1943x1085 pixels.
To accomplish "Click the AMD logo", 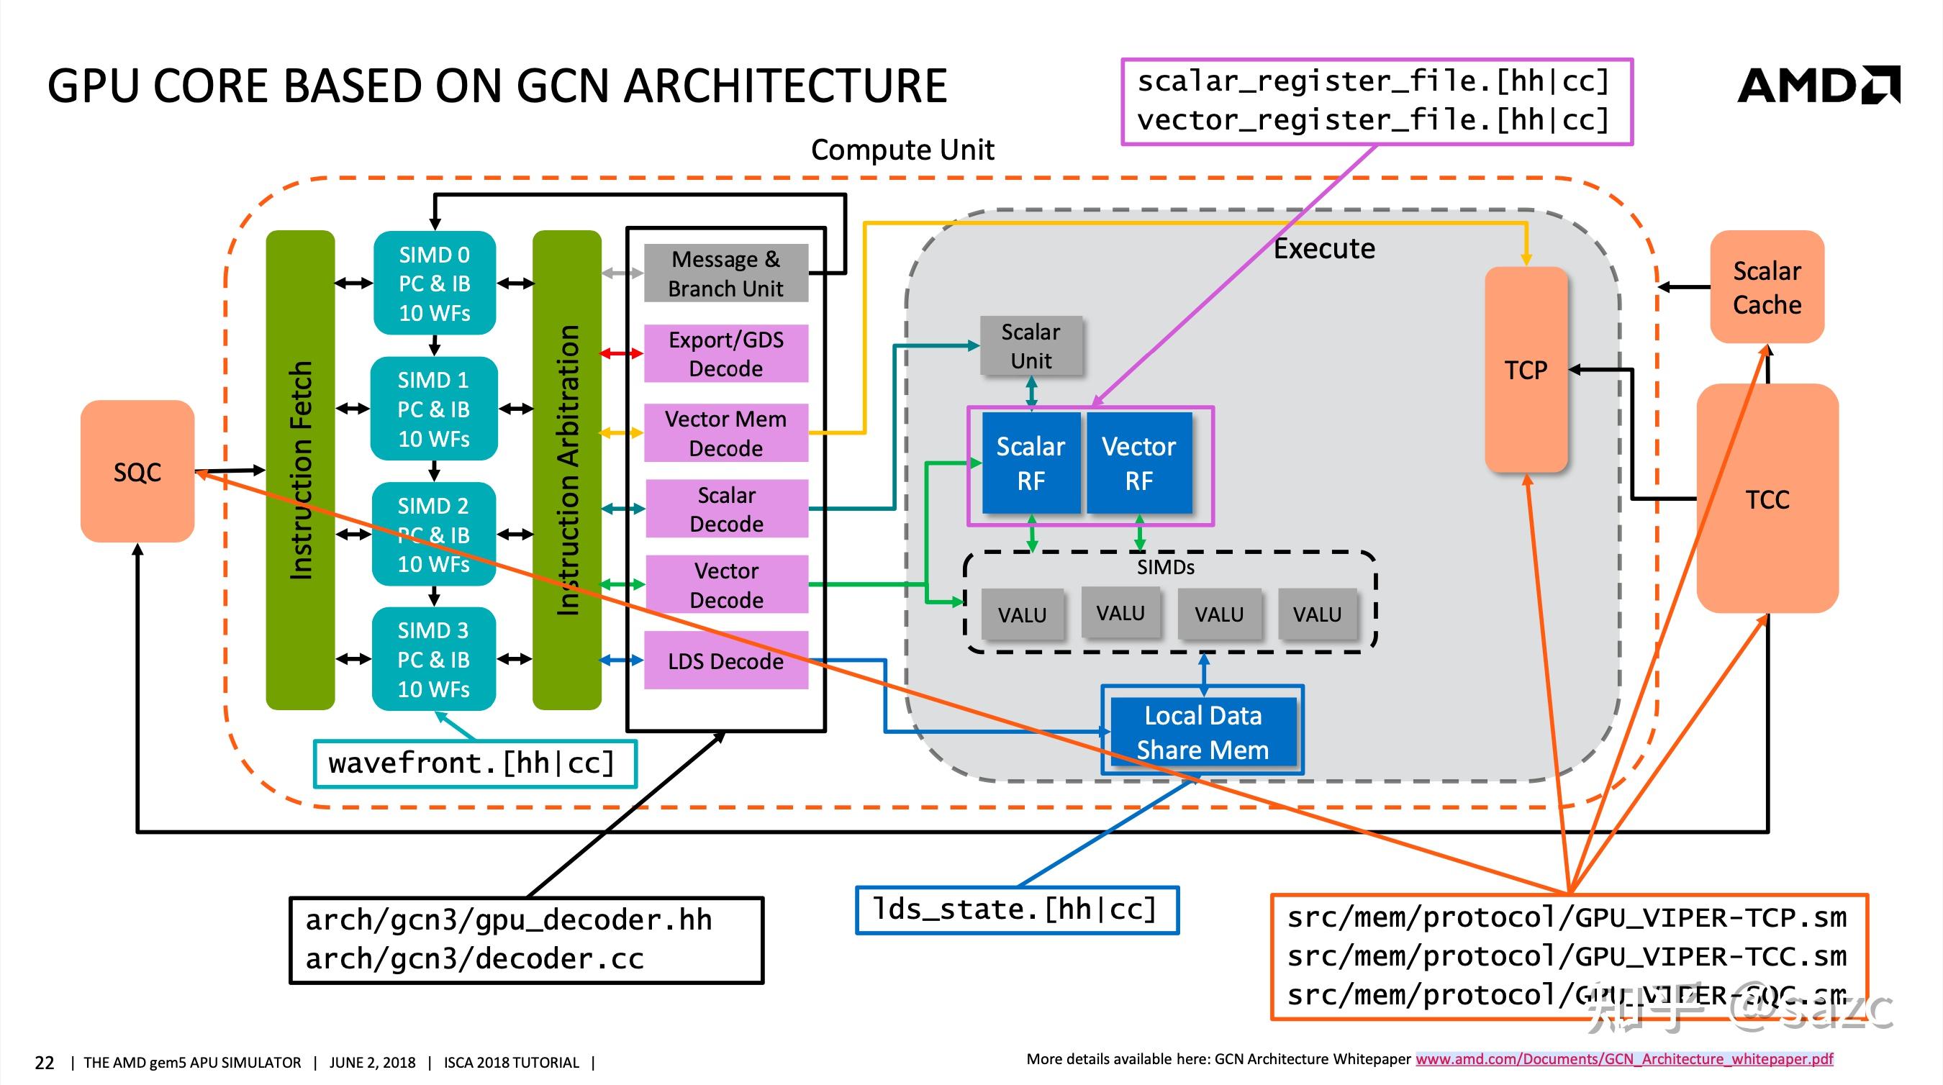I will [x=1818, y=85].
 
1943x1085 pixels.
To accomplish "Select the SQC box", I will [x=137, y=471].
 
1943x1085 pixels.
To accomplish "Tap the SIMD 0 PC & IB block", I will [x=435, y=283].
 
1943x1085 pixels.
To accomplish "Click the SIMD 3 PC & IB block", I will [x=434, y=659].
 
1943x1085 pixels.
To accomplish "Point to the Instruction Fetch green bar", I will [x=300, y=469].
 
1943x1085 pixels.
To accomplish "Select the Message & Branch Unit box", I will [x=725, y=273].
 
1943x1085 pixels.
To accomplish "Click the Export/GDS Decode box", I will [x=725, y=353].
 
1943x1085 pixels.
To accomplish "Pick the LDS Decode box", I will [x=725, y=661].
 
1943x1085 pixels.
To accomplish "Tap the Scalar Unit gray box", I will [x=1031, y=346].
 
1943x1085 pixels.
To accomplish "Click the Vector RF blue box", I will [x=1139, y=463].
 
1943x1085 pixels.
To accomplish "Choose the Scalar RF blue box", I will [x=1031, y=463].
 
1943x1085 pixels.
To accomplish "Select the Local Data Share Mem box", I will [x=1203, y=732].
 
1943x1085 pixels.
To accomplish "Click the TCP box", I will [x=1525, y=369].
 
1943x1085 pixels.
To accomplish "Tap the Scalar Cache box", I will [x=1767, y=287].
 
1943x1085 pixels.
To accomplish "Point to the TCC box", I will [x=1767, y=499].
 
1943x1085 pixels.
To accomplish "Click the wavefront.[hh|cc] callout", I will [x=473, y=764].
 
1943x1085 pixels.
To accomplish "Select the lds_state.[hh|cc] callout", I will [x=1015, y=910].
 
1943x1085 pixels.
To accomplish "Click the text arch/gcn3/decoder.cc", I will [x=474, y=959].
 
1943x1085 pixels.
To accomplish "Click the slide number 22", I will [x=45, y=1063].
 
